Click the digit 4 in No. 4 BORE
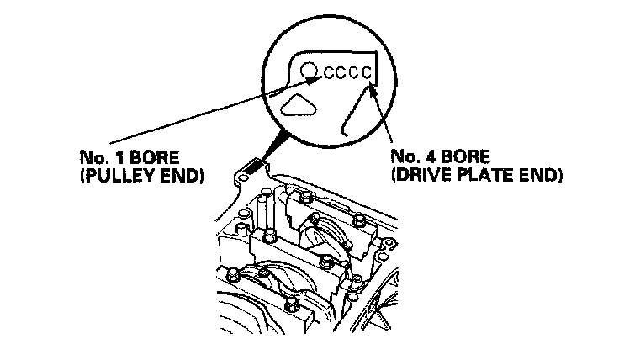431,157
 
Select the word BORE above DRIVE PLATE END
466,157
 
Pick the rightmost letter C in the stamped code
365,72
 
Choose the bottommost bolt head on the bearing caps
291,304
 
